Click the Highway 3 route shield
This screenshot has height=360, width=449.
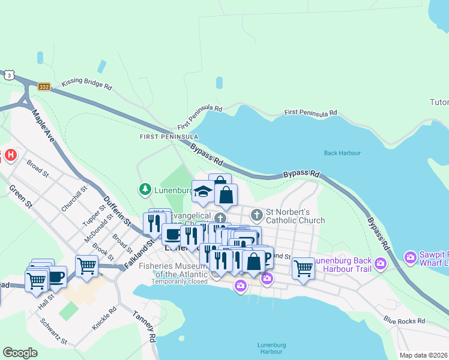[8, 75]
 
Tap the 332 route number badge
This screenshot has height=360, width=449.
[44, 87]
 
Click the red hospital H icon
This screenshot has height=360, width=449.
[10, 156]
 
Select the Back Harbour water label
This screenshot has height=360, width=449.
[342, 153]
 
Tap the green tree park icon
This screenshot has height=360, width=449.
[145, 190]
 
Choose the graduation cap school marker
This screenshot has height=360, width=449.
[203, 192]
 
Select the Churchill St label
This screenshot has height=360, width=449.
[74, 198]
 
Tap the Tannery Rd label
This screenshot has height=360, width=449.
[145, 325]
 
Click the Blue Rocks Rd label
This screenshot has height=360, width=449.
[404, 321]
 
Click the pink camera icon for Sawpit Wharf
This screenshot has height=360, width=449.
[411, 257]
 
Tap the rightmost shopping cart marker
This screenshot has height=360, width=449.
[303, 268]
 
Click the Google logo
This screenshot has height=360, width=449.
[20, 353]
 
